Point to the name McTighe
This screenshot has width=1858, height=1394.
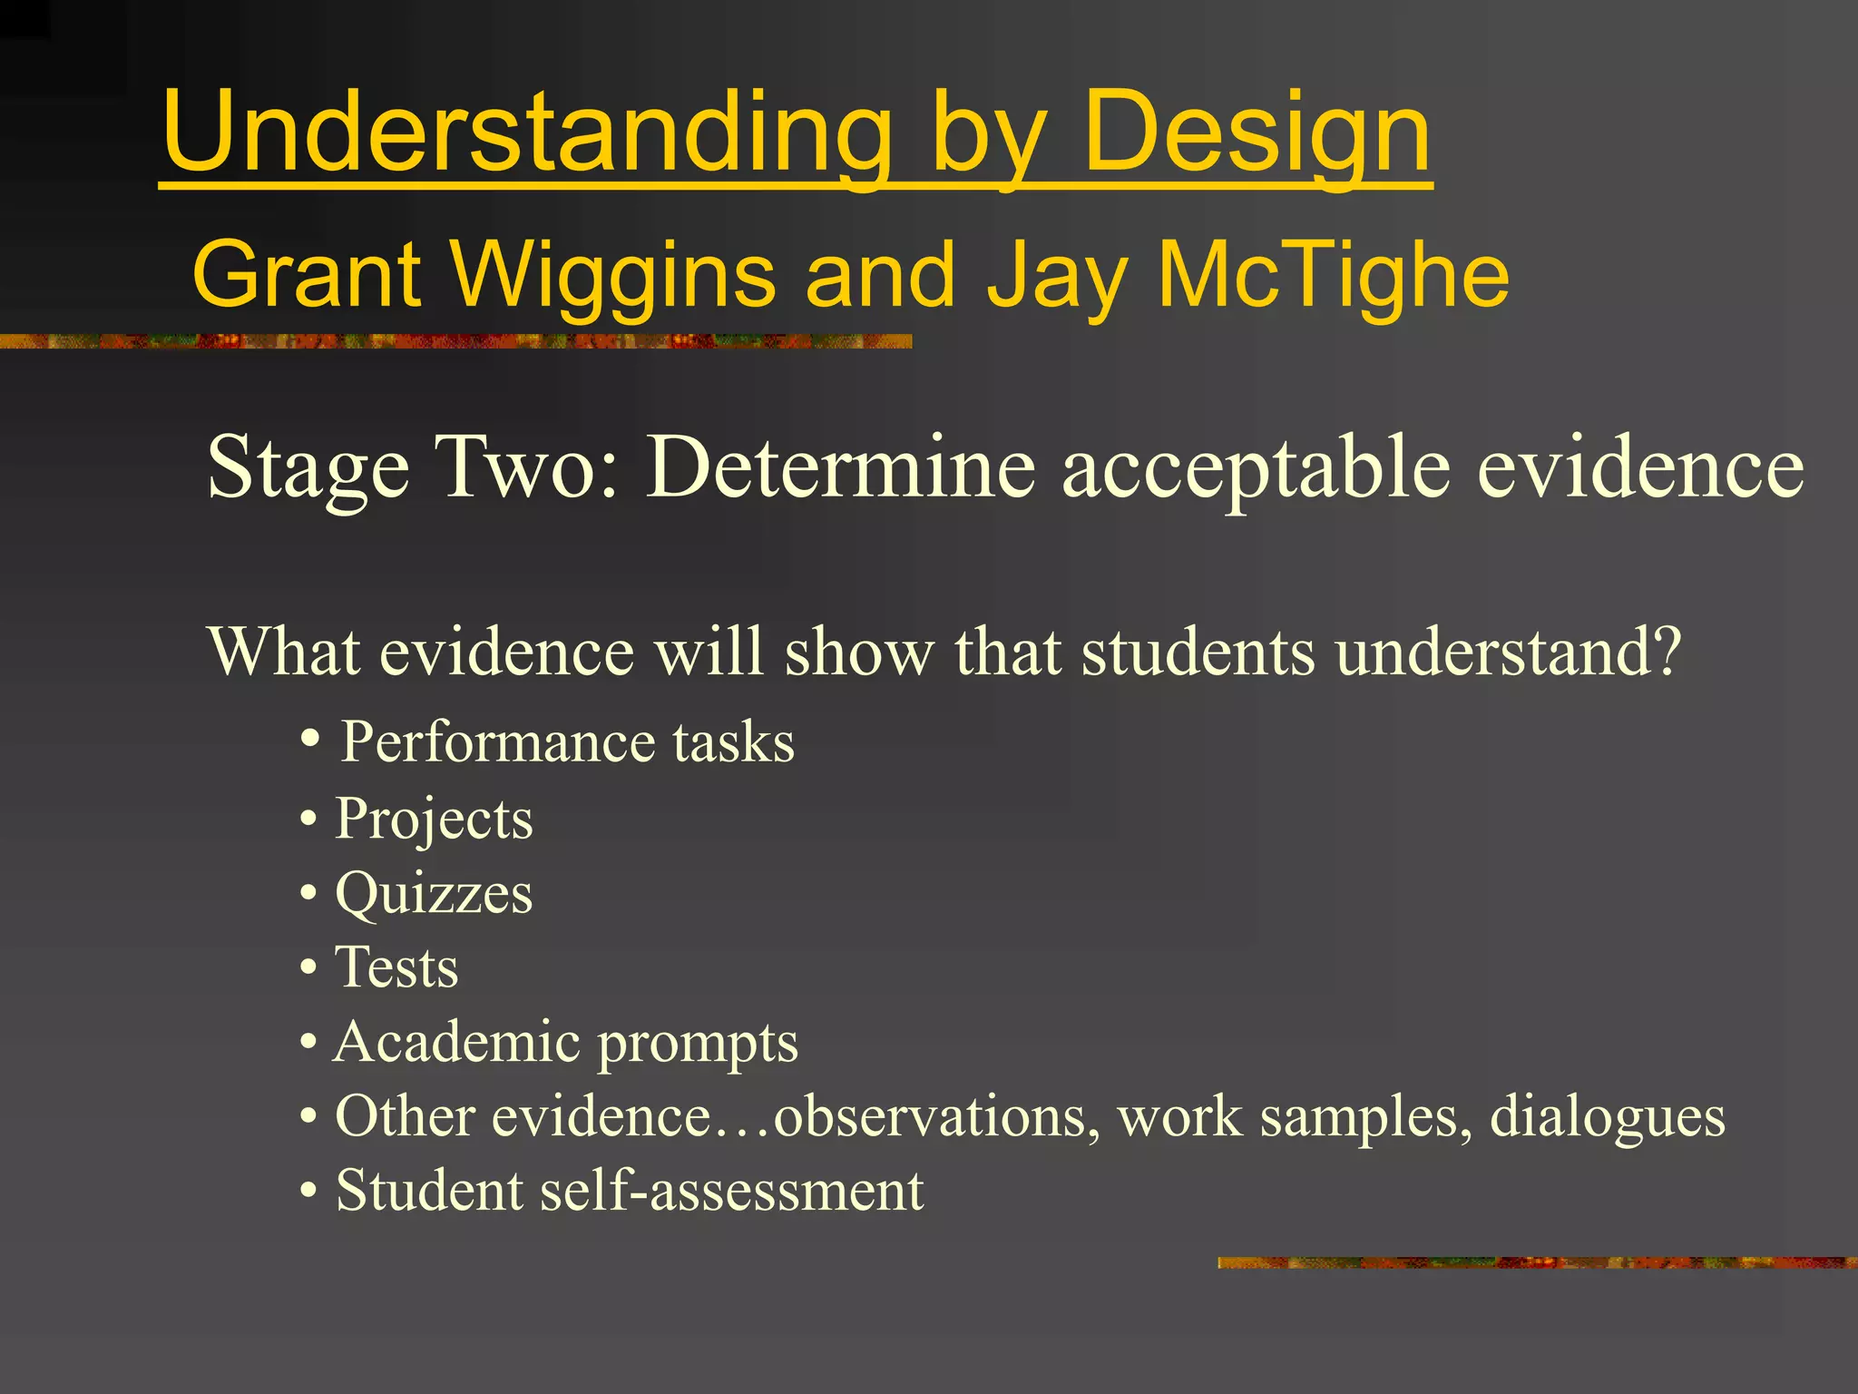[1334, 274]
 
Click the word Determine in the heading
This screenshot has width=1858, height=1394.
[839, 467]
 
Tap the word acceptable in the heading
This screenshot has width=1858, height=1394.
[1257, 467]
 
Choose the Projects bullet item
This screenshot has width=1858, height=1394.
[434, 819]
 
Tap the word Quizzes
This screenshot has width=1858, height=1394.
[434, 894]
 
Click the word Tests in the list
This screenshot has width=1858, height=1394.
[396, 967]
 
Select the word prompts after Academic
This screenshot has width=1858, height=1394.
[698, 1044]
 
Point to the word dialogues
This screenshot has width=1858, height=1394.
[1607, 1116]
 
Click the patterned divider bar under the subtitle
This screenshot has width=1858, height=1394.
[454, 341]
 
